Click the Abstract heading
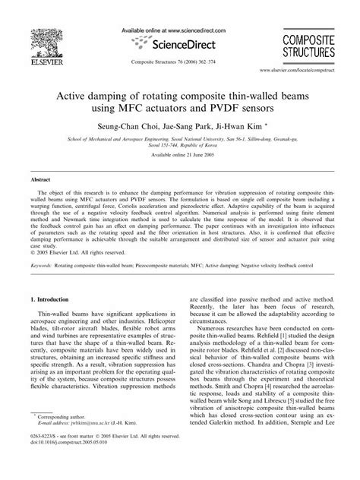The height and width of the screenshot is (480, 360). click(40, 181)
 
